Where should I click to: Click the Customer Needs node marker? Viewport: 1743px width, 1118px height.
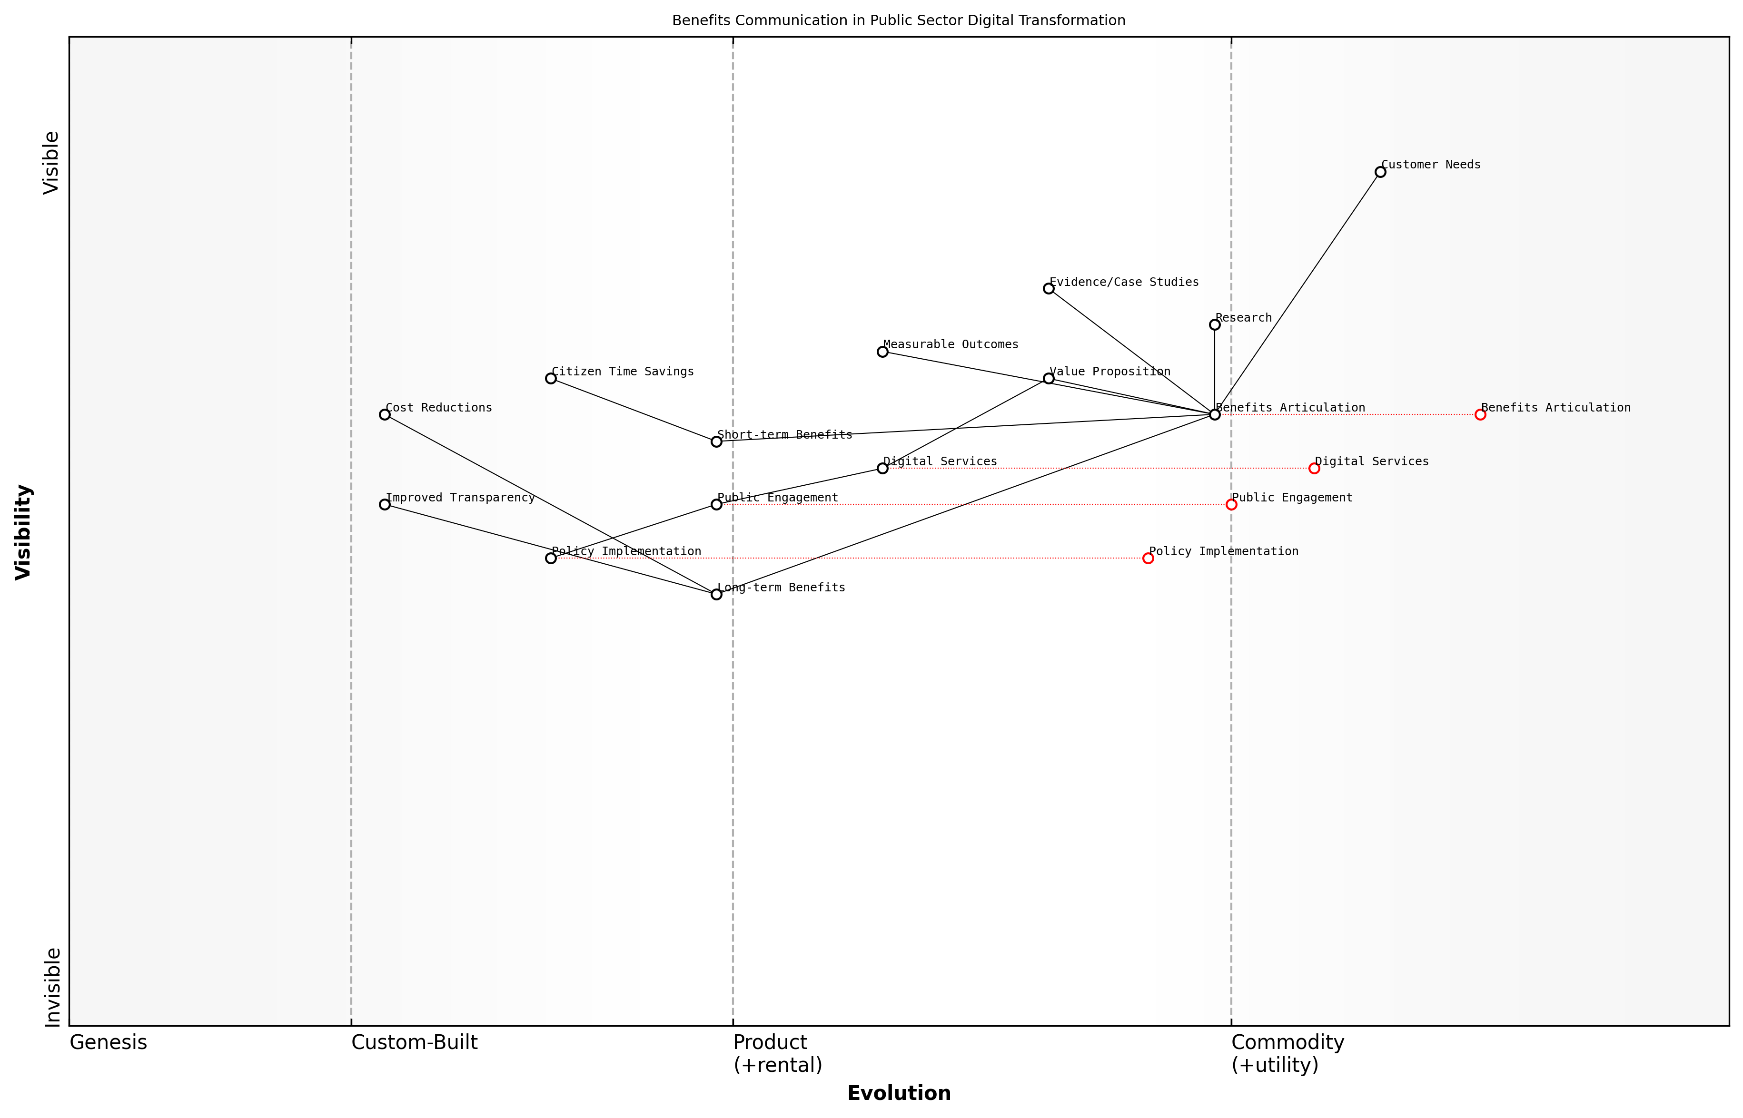click(1380, 172)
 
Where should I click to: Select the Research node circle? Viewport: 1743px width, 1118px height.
click(1214, 324)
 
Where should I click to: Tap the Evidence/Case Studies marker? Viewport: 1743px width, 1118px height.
click(1048, 288)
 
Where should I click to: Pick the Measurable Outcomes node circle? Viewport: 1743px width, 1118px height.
click(881, 352)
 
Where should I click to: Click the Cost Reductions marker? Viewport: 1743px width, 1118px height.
click(384, 414)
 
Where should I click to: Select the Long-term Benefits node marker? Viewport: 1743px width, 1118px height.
click(716, 595)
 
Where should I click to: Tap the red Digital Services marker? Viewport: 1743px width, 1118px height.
click(1314, 468)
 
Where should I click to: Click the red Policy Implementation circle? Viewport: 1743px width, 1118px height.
click(1148, 558)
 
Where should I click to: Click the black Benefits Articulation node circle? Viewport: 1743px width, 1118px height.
click(1214, 414)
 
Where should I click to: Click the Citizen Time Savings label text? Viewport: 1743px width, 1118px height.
click(623, 372)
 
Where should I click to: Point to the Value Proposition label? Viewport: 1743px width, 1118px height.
click(1109, 372)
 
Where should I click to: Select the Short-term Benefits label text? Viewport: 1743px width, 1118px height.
click(784, 435)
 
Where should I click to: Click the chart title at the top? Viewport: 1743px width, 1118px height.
click(898, 20)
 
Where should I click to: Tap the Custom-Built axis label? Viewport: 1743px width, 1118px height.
click(414, 1042)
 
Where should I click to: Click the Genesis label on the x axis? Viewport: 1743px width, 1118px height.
click(108, 1042)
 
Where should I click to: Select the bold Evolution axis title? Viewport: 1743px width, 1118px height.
click(898, 1093)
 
